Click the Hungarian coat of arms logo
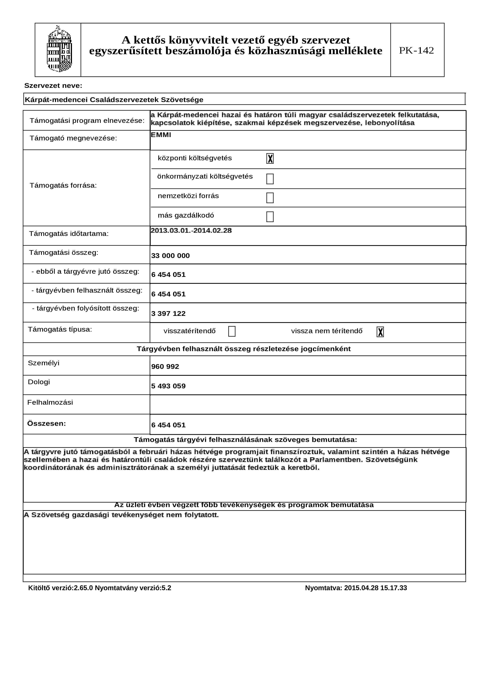pyautogui.click(x=59, y=49)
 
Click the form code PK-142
pyautogui.click(x=416, y=50)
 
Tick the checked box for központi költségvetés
pyautogui.click(x=270, y=158)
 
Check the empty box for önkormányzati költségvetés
pyautogui.click(x=270, y=179)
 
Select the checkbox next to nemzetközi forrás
pyautogui.click(x=270, y=198)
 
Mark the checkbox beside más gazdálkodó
pyautogui.click(x=270, y=217)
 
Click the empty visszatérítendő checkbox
pyautogui.click(x=232, y=331)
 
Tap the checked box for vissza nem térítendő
pyautogui.click(x=380, y=332)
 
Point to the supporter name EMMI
pyautogui.click(x=161, y=135)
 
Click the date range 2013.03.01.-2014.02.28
pyautogui.click(x=191, y=231)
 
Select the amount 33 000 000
pyautogui.click(x=171, y=256)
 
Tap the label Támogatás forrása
pyautogui.click(x=63, y=185)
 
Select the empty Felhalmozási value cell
pyautogui.click(x=307, y=404)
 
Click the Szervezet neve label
pyautogui.click(x=53, y=86)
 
